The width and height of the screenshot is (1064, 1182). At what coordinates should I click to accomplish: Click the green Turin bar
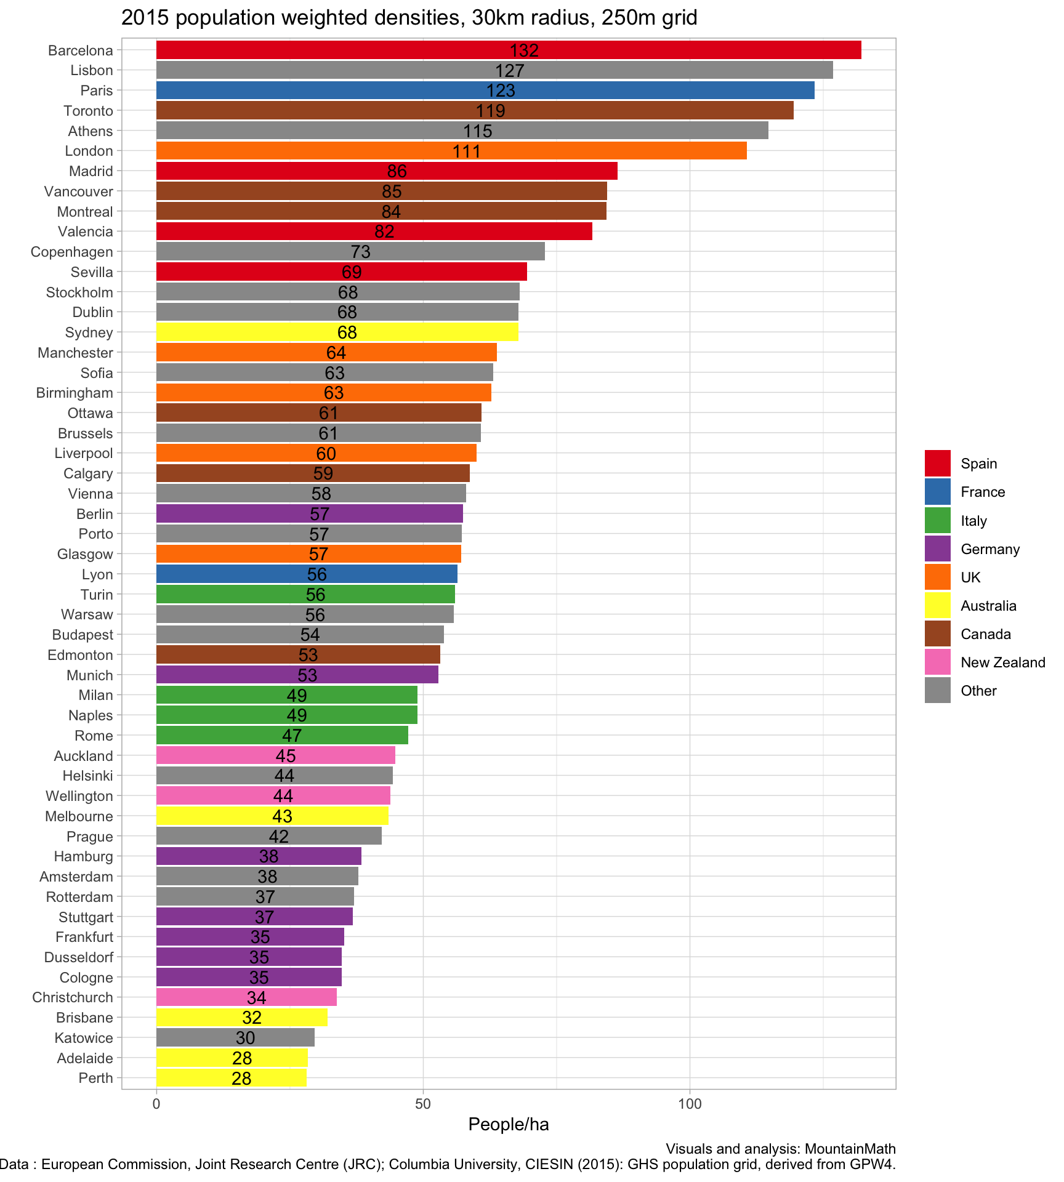coord(246,594)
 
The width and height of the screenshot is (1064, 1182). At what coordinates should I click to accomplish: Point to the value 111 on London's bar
coord(466,151)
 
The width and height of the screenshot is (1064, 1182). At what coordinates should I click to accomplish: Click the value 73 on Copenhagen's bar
coord(360,252)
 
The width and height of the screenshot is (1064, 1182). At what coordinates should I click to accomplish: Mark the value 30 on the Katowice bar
coord(245,1038)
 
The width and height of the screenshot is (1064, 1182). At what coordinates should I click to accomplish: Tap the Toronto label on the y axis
coord(89,111)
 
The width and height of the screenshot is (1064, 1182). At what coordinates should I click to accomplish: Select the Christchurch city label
coord(73,997)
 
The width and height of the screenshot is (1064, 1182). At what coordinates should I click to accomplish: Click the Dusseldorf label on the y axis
coord(79,957)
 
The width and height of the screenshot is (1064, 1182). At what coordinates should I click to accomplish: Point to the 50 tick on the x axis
coord(423,1104)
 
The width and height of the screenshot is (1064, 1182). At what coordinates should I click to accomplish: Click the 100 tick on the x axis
coord(690,1104)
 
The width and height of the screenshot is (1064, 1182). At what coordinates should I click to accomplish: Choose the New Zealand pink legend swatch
coord(937,662)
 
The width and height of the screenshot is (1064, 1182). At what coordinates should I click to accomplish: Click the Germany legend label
coord(990,549)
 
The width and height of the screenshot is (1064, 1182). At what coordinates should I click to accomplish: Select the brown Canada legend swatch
coord(937,634)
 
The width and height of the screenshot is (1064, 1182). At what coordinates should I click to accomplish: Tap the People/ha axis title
coord(509,1125)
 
